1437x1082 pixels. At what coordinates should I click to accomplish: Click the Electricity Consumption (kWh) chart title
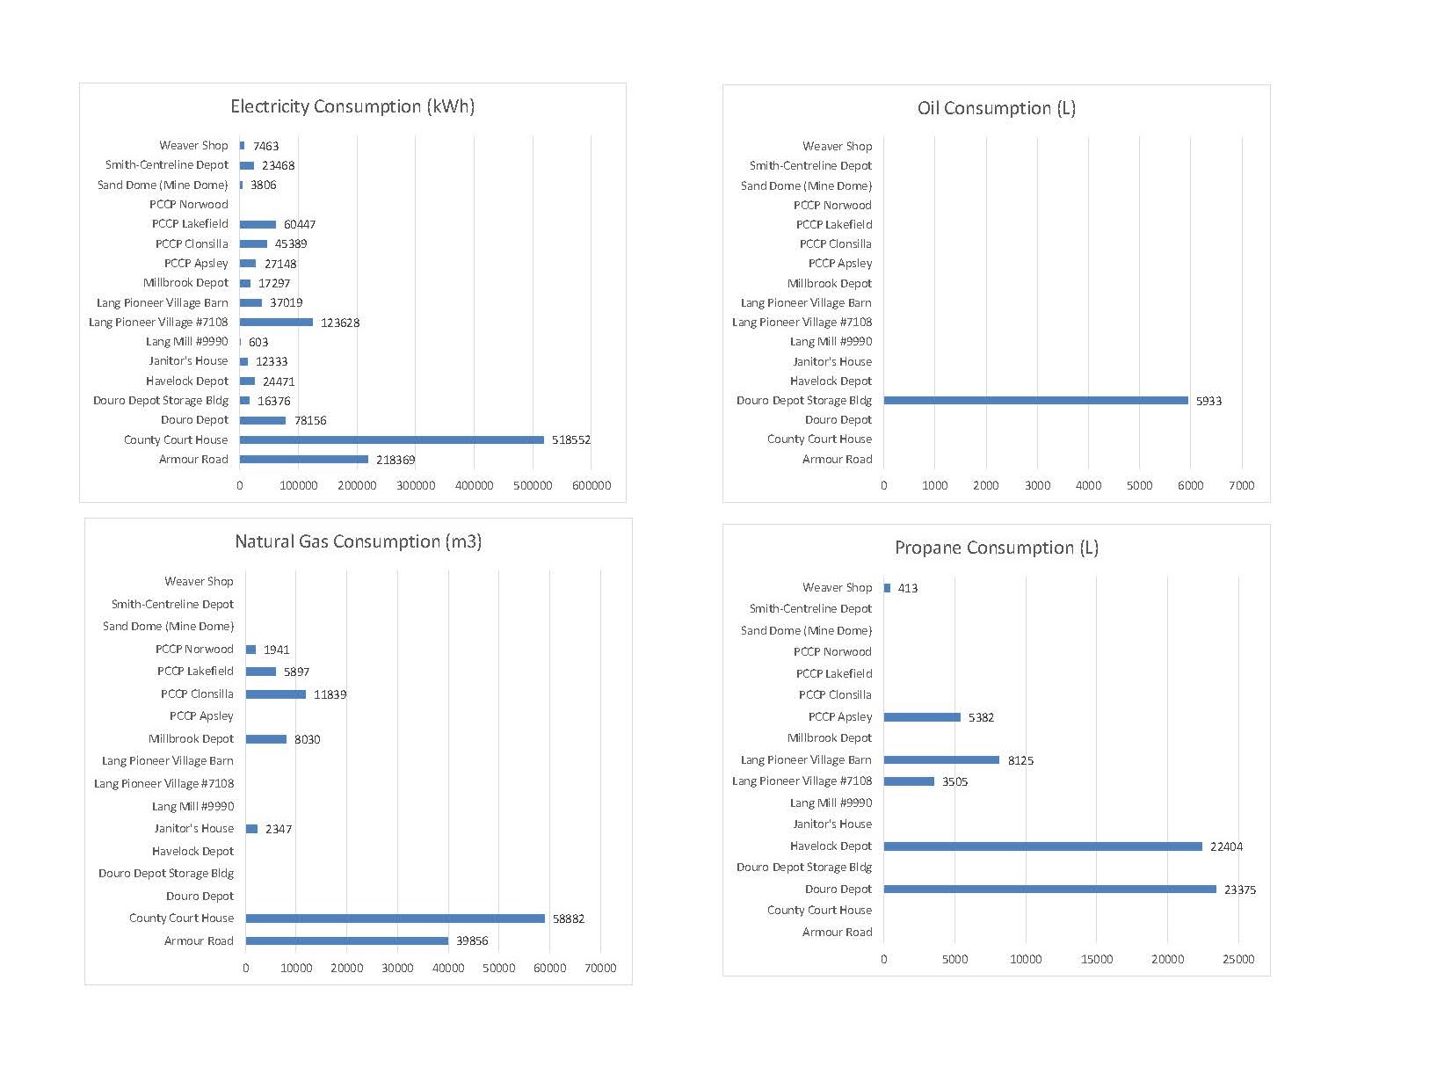point(352,106)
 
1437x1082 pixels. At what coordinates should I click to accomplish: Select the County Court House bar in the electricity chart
point(391,439)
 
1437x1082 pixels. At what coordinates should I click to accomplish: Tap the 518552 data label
point(571,439)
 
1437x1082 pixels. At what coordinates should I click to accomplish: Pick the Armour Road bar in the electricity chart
point(304,460)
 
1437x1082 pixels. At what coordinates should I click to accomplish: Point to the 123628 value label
point(340,323)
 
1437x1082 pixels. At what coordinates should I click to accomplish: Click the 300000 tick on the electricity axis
point(416,485)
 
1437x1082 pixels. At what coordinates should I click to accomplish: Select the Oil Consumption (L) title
point(997,108)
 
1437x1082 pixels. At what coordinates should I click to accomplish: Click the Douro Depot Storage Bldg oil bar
point(1035,401)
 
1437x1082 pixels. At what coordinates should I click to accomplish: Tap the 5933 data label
point(1208,401)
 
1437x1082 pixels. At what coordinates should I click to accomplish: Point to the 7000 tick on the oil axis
point(1241,485)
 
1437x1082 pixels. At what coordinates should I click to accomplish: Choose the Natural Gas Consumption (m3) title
point(358,541)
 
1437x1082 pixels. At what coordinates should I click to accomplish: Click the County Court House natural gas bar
point(395,919)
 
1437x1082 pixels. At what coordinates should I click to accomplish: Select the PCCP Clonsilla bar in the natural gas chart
point(276,694)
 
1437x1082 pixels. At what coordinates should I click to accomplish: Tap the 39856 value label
point(472,940)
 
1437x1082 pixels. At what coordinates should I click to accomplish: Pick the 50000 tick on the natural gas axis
point(499,968)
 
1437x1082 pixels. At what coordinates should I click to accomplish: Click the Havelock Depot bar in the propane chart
point(1043,846)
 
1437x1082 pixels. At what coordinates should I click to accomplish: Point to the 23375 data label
point(1240,890)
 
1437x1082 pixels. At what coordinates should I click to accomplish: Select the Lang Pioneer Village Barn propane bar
point(941,760)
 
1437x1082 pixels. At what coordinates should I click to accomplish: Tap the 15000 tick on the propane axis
point(1097,959)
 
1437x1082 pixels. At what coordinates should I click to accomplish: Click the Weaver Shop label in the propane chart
point(838,588)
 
